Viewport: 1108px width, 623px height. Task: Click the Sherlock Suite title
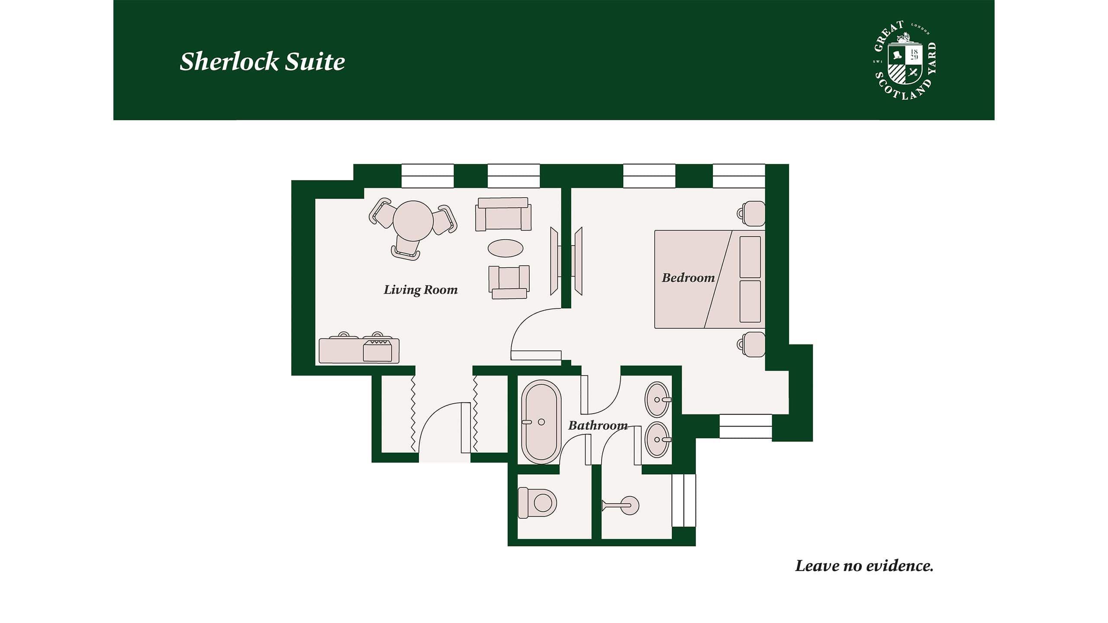point(262,61)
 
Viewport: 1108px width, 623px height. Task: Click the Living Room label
point(420,289)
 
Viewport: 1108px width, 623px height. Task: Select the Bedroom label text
point(688,277)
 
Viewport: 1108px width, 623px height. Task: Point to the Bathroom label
point(598,425)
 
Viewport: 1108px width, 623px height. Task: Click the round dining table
point(413,221)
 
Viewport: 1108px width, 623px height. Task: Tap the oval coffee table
point(505,248)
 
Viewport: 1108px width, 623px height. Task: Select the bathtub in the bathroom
point(541,421)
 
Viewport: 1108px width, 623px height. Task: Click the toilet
point(537,503)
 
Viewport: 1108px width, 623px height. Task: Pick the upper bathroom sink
point(657,399)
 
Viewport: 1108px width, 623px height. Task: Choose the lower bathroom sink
point(657,439)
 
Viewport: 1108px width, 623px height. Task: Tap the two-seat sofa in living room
point(503,215)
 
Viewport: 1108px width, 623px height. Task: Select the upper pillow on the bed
point(750,257)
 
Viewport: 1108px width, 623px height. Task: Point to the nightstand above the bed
point(752,213)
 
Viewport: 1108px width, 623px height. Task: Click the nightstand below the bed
point(752,344)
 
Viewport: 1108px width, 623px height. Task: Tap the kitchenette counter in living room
point(359,350)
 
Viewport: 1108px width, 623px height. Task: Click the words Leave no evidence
point(864,566)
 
